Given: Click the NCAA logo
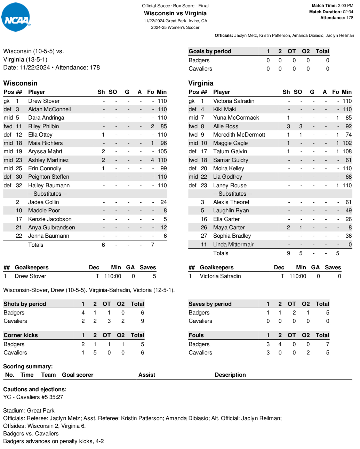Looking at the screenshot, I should point(16,17).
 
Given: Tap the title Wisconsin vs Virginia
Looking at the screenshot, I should point(175,13).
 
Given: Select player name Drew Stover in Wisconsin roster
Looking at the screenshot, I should point(44,101).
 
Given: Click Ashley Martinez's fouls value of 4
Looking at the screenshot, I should point(152,160).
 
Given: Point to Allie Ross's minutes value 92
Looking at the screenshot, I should point(349,126).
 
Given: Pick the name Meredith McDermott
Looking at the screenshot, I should point(239,135).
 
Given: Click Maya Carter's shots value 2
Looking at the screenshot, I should point(288,228).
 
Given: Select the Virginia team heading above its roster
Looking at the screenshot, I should point(201,83).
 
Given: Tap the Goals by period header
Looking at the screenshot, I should point(210,51).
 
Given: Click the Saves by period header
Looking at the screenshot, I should point(210,304).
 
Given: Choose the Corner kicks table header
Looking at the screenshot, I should point(21,335).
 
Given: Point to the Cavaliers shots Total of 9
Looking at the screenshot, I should point(142,321).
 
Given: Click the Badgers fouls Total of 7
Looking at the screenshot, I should point(327,344).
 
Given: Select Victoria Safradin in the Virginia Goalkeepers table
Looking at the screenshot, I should point(220,276).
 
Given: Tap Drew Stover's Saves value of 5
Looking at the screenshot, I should point(154,276).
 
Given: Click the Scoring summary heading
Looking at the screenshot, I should point(28,367).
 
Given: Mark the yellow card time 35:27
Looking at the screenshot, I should point(57,397).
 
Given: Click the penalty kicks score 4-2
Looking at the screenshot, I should point(100,441).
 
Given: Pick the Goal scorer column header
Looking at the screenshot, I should point(78,375).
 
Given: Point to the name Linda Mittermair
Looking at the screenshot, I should point(233,245).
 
